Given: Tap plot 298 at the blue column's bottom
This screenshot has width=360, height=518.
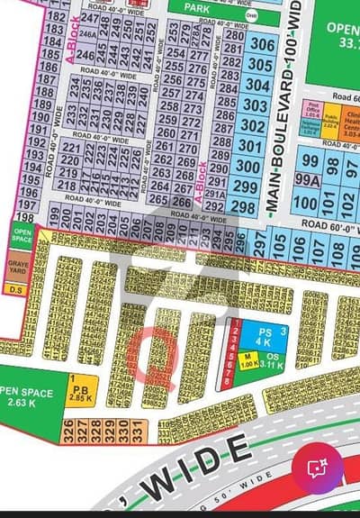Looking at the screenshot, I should point(241,206).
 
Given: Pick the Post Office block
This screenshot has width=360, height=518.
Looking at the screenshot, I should point(312,111).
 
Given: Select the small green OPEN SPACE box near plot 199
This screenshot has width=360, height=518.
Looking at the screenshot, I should point(22,236).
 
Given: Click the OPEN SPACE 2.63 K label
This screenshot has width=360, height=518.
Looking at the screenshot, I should point(27,396).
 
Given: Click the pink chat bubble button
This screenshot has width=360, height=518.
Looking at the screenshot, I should point(316,467).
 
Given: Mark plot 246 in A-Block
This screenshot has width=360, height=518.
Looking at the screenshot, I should point(86,55).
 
